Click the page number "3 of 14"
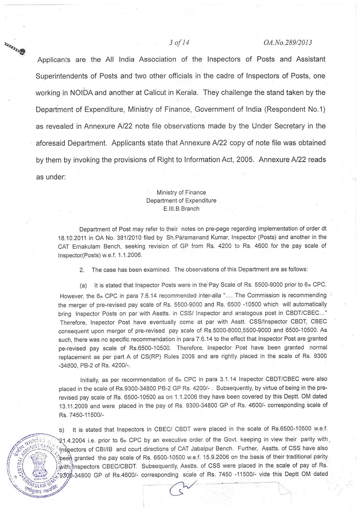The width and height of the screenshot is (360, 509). pyautogui.click(x=180, y=42)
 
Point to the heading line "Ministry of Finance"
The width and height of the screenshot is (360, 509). pyautogui.click(x=181, y=192)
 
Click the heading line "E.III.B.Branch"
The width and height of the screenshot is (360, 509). pyautogui.click(x=181, y=209)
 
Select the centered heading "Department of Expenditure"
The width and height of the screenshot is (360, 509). pyautogui.click(x=181, y=201)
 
